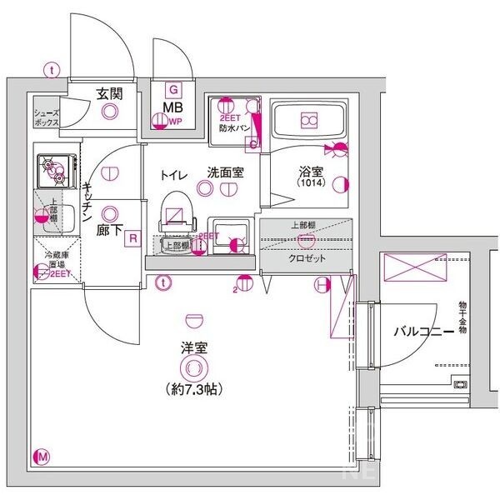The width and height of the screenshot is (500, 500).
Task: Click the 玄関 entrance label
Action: click(x=110, y=93)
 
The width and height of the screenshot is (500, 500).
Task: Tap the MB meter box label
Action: click(x=173, y=107)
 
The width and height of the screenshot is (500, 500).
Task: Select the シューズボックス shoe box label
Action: click(x=47, y=117)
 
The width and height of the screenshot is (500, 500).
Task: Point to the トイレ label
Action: click(x=173, y=173)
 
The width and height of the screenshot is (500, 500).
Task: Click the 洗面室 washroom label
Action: click(x=225, y=173)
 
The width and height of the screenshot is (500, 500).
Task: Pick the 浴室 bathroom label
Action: click(x=311, y=172)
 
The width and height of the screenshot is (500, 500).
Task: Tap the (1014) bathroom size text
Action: click(x=311, y=184)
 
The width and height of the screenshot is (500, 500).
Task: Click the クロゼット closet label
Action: click(x=307, y=258)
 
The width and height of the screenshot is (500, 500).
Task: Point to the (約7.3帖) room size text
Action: click(x=193, y=388)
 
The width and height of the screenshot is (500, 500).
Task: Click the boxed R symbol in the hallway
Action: click(x=132, y=239)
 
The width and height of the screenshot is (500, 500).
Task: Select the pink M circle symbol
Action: click(x=42, y=456)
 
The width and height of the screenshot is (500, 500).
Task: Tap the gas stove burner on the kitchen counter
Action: click(x=54, y=170)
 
